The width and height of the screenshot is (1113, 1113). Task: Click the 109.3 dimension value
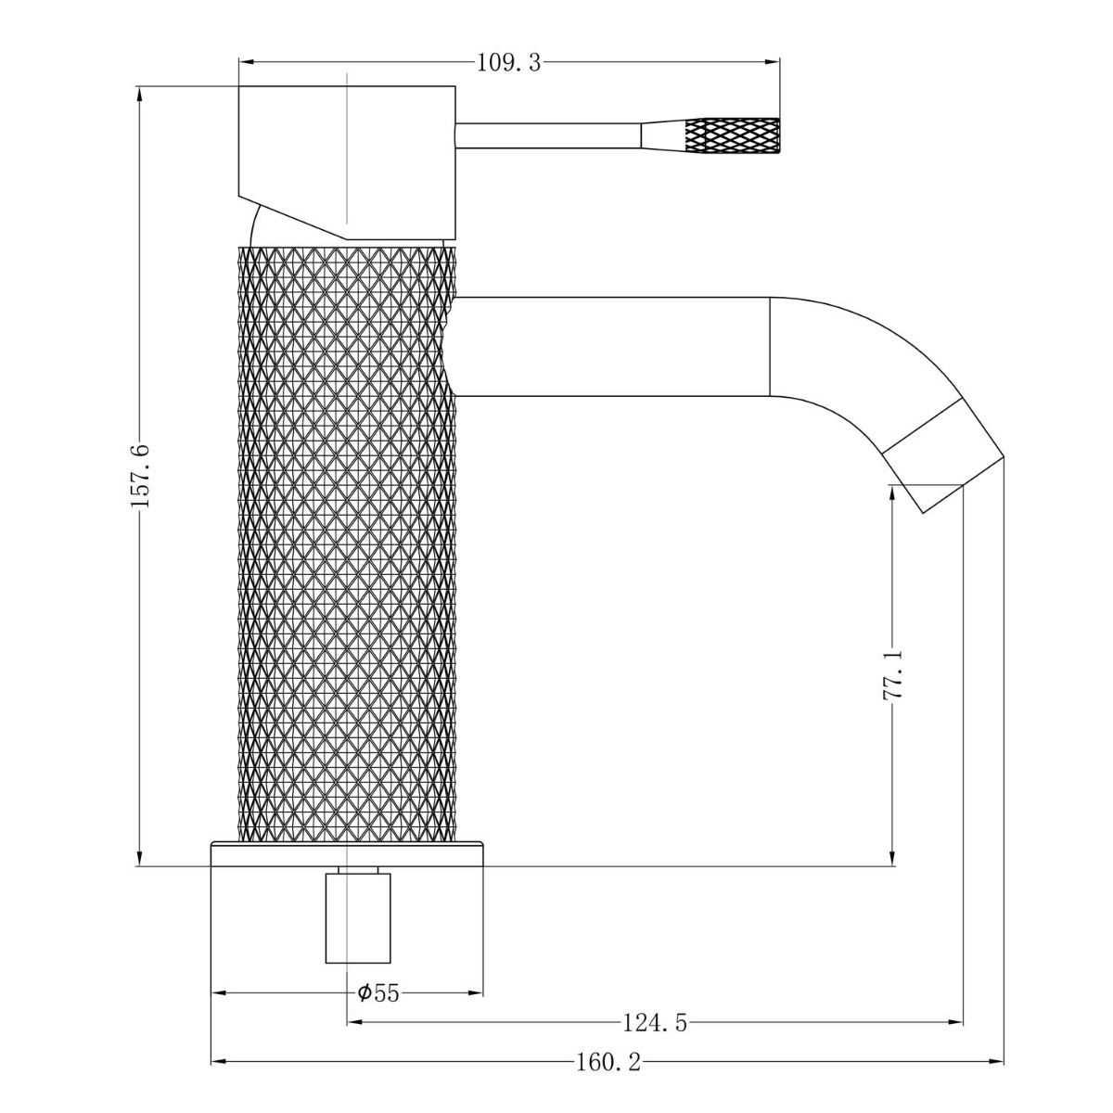(x=507, y=62)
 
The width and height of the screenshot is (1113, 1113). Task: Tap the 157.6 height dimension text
(x=140, y=475)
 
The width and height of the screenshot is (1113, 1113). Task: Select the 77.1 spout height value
(x=893, y=675)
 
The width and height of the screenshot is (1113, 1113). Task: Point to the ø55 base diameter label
(x=377, y=993)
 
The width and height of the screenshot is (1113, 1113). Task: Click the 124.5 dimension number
(x=654, y=1023)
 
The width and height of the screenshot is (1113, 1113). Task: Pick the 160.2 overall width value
(x=608, y=1062)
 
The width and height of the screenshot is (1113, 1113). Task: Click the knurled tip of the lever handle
(x=731, y=135)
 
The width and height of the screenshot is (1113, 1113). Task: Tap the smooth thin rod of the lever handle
(x=547, y=135)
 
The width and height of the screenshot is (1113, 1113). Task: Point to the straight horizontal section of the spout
(x=612, y=346)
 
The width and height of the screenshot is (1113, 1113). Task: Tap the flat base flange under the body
(x=348, y=849)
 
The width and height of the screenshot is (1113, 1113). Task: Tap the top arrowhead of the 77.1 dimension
(x=893, y=493)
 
